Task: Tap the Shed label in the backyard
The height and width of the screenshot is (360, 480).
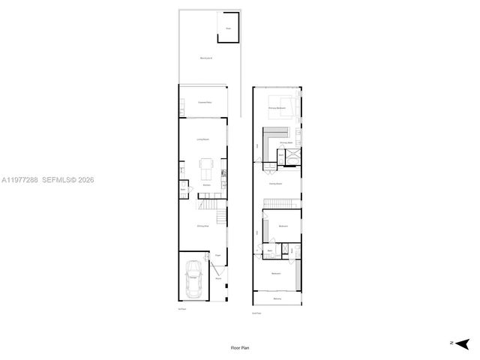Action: [229, 29]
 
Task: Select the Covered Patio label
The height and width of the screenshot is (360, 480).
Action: [202, 102]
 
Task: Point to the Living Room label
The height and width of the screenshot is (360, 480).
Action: [202, 139]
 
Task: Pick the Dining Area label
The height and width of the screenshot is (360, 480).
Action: [202, 226]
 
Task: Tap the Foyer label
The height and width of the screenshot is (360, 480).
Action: [217, 255]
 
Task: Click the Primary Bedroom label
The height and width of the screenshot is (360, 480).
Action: [277, 109]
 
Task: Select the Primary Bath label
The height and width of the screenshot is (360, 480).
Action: [286, 142]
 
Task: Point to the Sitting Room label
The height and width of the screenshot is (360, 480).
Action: [275, 183]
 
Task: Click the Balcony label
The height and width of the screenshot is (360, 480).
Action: [277, 300]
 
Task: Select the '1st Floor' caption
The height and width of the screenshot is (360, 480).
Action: [181, 308]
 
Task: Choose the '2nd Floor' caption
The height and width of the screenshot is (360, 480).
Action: [256, 313]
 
